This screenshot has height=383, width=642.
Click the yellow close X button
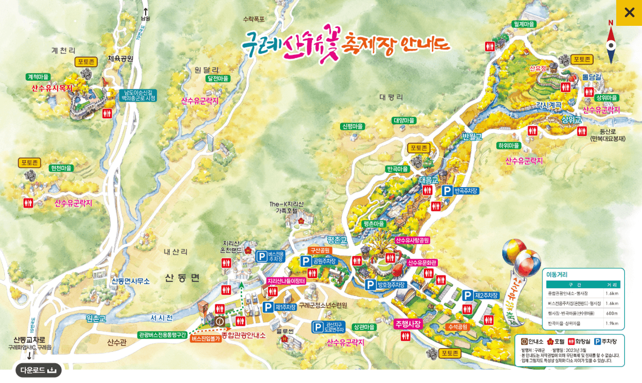coord(629,12)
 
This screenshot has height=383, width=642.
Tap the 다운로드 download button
coord(38,370)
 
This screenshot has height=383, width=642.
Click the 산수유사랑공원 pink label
coord(415,240)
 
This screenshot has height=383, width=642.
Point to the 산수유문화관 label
coord(422,263)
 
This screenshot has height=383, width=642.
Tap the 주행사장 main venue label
coord(408,324)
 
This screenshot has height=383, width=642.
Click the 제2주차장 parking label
coord(487,295)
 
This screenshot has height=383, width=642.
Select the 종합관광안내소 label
coord(244,335)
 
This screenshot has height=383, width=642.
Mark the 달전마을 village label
coord(218,79)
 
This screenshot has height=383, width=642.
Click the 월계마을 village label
coord(524,24)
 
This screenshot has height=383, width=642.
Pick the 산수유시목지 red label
coord(52,88)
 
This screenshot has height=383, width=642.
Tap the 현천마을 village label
coord(61,168)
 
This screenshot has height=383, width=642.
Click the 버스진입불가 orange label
coord(206,339)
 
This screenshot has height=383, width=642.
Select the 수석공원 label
coord(458,327)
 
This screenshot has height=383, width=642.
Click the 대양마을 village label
coord(404,120)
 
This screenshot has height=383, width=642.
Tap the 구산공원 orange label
coord(320,251)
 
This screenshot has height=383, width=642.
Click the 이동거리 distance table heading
coord(557,274)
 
